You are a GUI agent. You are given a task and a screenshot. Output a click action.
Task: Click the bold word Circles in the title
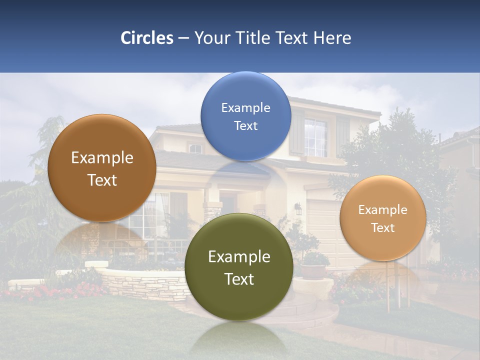(x=147, y=38)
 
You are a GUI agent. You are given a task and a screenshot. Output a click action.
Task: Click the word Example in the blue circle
(x=245, y=108)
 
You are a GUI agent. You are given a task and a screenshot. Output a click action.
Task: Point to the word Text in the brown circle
(x=102, y=180)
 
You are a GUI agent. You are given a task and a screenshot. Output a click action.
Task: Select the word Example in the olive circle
(x=239, y=257)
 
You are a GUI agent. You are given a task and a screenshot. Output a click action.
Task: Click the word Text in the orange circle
(x=382, y=228)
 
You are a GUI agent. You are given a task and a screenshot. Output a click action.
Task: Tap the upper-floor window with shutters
(x=316, y=136)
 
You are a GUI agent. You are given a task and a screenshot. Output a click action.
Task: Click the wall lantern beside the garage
(x=298, y=208)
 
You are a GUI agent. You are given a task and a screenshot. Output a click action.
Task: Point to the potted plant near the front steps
(x=314, y=265)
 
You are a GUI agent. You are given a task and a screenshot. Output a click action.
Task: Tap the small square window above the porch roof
(x=195, y=148)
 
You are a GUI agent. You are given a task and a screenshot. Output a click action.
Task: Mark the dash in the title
(x=183, y=38)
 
